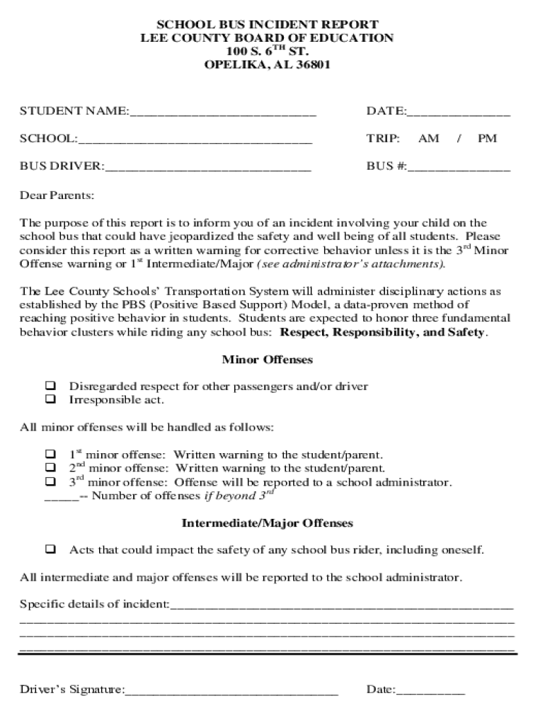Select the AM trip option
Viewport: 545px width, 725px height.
click(428, 139)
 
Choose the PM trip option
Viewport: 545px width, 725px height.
click(487, 139)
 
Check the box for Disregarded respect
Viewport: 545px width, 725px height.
click(51, 387)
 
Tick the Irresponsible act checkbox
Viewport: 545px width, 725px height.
click(51, 399)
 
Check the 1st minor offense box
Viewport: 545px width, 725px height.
click(51, 454)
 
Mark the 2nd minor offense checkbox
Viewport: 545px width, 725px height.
click(51, 468)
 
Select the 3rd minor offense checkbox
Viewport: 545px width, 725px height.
click(51, 482)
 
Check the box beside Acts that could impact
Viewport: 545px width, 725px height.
click(51, 549)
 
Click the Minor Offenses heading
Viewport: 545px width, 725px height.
click(267, 360)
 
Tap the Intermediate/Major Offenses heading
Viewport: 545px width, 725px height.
click(267, 524)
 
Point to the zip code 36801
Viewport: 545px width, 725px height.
click(309, 65)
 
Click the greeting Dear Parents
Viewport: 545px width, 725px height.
click(57, 195)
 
